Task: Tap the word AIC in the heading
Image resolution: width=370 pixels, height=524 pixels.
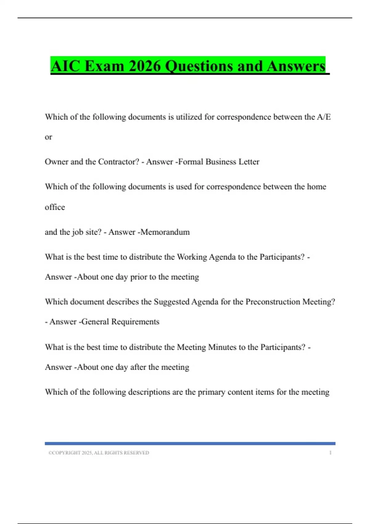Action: click(65, 66)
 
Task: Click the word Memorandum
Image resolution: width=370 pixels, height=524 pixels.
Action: click(165, 232)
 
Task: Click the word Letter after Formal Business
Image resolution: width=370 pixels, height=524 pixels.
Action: click(248, 162)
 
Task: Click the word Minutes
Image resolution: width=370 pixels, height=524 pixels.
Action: click(222, 347)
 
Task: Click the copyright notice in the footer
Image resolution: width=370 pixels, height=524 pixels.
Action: click(99, 453)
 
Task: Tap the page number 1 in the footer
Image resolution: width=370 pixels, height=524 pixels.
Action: click(330, 453)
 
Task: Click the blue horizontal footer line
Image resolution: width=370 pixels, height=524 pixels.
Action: click(190, 444)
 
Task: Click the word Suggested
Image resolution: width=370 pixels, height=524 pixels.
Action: click(171, 302)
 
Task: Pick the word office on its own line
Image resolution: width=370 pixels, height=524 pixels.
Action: click(55, 207)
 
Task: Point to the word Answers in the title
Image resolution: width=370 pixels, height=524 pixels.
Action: click(296, 66)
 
